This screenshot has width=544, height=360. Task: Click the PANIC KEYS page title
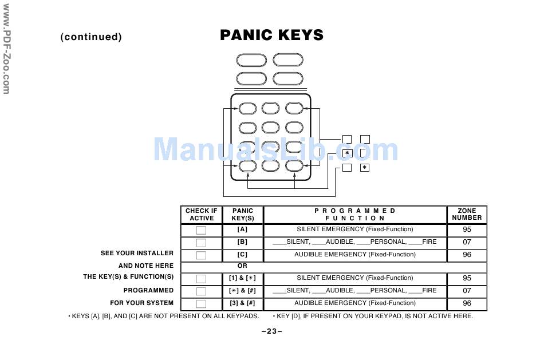point(271,35)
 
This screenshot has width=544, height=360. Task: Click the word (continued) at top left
point(91,37)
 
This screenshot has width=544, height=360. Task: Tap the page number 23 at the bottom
point(271,331)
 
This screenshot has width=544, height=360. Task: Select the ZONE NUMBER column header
point(467,215)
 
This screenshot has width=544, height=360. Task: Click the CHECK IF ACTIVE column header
point(201,215)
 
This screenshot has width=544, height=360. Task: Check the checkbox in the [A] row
point(201,230)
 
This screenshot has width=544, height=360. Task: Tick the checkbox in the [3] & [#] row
point(201,304)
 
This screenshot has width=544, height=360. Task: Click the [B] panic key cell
point(242,242)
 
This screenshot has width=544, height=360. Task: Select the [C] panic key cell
point(242,255)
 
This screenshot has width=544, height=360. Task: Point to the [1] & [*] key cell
point(242,278)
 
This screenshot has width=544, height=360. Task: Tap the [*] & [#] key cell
point(242,291)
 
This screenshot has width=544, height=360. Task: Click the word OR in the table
point(242,266)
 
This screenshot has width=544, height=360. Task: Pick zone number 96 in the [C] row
point(467,255)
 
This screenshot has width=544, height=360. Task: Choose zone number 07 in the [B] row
point(467,242)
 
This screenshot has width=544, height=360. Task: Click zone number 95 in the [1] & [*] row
point(467,278)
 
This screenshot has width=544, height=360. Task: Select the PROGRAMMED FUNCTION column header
point(354,215)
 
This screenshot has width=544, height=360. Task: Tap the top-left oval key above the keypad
point(251,60)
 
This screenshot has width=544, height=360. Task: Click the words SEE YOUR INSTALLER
point(137,253)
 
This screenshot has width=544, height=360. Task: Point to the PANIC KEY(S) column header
point(242,215)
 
